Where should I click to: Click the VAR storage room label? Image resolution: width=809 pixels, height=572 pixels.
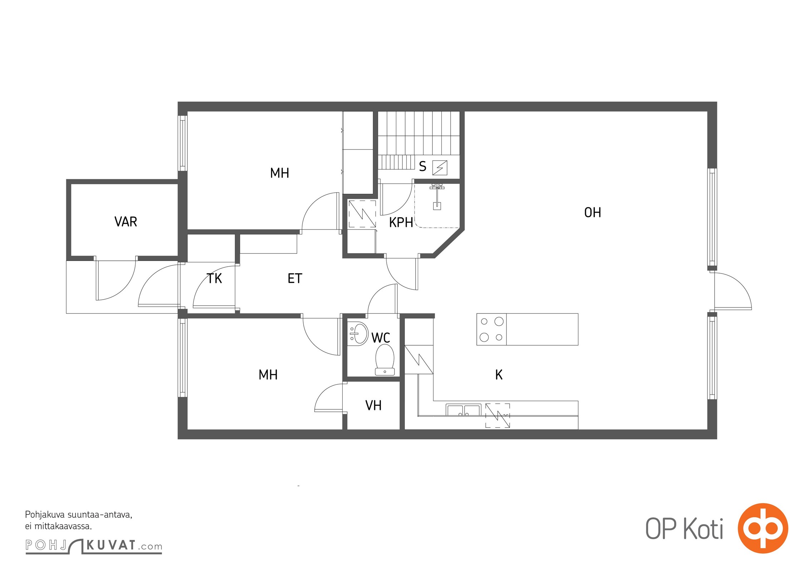pyautogui.click(x=126, y=222)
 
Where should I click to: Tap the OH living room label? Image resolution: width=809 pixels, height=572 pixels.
pyautogui.click(x=593, y=213)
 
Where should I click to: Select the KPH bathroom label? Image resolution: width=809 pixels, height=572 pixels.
pyautogui.click(x=401, y=222)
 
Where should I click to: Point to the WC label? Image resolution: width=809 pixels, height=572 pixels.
pyautogui.click(x=381, y=337)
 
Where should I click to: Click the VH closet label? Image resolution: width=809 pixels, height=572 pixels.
pyautogui.click(x=373, y=405)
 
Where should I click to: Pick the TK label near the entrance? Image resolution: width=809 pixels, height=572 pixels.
pyautogui.click(x=214, y=278)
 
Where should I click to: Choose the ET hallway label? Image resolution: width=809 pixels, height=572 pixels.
pyautogui.click(x=295, y=278)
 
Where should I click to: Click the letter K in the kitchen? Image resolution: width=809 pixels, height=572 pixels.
pyautogui.click(x=499, y=375)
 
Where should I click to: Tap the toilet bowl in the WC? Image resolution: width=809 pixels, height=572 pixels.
pyautogui.click(x=385, y=360)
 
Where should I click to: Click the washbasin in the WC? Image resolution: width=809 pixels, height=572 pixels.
pyautogui.click(x=359, y=333)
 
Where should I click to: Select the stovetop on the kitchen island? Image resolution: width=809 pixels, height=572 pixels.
pyautogui.click(x=491, y=329)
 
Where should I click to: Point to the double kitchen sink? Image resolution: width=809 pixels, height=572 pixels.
pyautogui.click(x=463, y=410)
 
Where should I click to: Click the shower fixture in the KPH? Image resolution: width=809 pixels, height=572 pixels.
pyautogui.click(x=437, y=196)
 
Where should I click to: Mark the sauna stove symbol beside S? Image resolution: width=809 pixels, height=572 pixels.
pyautogui.click(x=440, y=168)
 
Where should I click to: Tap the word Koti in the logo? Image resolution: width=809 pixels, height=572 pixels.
pyautogui.click(x=703, y=529)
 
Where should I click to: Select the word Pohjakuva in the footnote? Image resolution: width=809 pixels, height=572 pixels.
pyautogui.click(x=45, y=515)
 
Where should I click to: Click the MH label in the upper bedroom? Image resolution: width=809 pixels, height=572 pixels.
pyautogui.click(x=279, y=173)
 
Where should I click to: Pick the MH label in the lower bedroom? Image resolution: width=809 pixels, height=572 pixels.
pyautogui.click(x=268, y=375)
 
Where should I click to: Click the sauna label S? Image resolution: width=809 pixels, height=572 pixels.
pyautogui.click(x=423, y=166)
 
